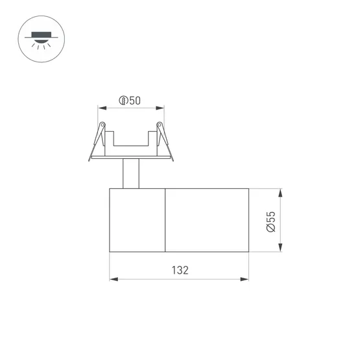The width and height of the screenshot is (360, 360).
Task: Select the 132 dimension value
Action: coord(180,270)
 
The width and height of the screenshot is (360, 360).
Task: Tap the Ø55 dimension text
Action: coord(270,221)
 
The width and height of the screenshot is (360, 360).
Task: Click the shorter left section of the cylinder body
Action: coord(137,221)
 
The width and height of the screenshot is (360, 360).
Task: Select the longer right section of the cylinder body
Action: coord(208,221)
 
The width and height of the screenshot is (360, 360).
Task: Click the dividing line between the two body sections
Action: coord(165,221)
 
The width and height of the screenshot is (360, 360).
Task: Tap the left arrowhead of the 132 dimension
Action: coord(112,280)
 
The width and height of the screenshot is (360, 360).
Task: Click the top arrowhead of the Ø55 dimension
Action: coord(280,193)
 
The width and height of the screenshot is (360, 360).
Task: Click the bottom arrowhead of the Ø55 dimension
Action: coord(280,249)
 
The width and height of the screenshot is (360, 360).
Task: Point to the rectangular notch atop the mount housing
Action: coord(131,139)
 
